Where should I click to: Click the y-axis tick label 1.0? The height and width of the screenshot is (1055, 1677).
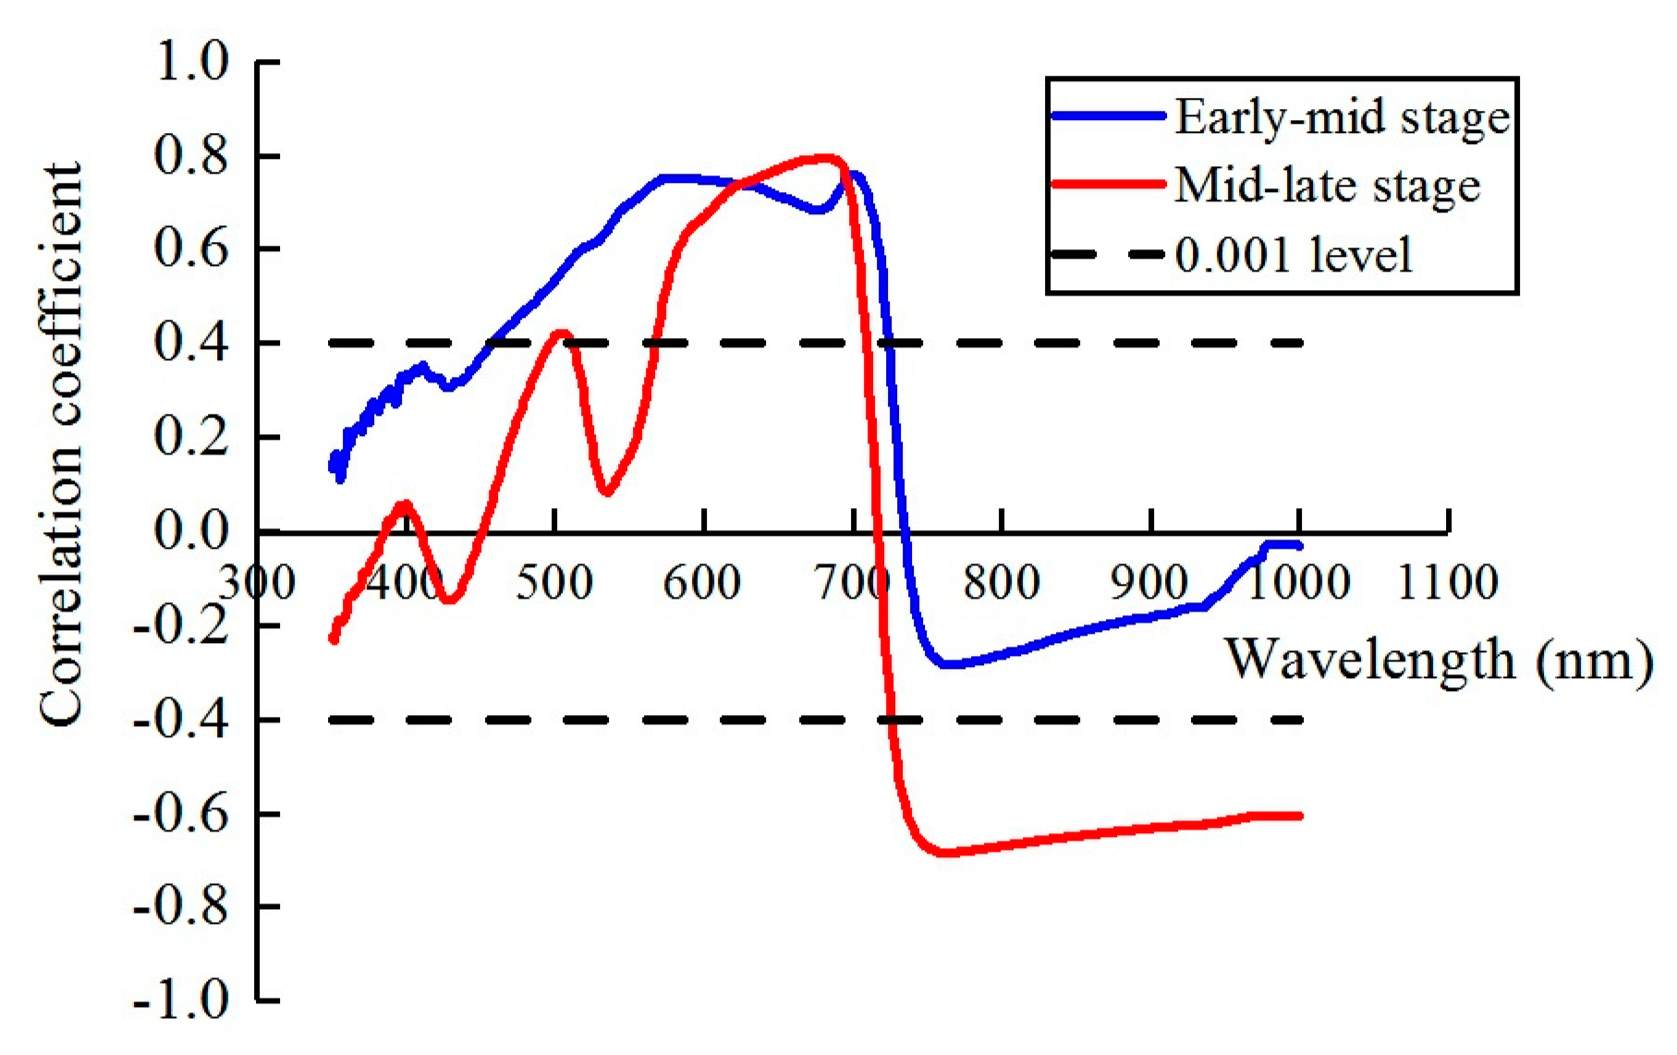click(x=192, y=63)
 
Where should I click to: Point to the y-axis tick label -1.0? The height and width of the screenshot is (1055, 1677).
click(x=181, y=1001)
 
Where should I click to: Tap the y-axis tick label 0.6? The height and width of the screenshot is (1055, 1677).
click(x=192, y=249)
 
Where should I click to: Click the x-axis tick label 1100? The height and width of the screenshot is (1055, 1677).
click(x=1447, y=584)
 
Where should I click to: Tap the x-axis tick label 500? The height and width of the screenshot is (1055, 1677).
click(x=553, y=584)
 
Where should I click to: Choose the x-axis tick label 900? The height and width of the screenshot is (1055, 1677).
click(x=1149, y=584)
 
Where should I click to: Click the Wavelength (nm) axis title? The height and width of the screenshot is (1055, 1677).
click(x=1438, y=661)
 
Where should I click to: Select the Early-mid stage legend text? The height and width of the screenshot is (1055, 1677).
click(x=1342, y=118)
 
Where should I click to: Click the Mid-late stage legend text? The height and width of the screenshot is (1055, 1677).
click(x=1327, y=187)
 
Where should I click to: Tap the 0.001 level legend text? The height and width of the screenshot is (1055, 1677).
click(x=1294, y=255)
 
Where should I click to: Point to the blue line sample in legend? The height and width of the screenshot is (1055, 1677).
click(x=1109, y=116)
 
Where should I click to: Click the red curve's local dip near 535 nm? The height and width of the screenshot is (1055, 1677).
click(x=606, y=491)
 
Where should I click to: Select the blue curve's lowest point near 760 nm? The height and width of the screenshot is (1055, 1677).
click(x=947, y=664)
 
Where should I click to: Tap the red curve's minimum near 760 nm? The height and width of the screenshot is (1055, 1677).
click(x=944, y=853)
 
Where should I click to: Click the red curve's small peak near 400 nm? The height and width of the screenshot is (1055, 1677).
click(x=405, y=503)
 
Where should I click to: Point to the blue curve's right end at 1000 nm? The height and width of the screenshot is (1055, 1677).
click(x=1299, y=546)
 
